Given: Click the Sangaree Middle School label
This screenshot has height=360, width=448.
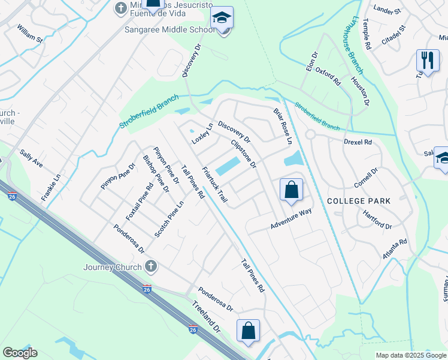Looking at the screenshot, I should tap(169, 29).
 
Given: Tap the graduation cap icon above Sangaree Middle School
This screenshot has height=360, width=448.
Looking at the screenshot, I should tap(222, 18).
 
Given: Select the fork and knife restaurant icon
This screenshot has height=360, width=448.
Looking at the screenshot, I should tap(427, 60).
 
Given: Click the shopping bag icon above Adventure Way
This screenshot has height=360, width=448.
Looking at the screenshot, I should tap(291, 190).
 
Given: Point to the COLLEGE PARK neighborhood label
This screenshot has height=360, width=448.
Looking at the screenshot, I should tap(359, 201).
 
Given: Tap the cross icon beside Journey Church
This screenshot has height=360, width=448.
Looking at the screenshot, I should tap(151, 265).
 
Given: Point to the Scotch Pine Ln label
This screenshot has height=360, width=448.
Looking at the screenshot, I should tap(169, 218).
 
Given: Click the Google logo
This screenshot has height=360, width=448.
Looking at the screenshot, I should tap(20, 353).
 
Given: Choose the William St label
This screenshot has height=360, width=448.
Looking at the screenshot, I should tap(30, 34).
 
